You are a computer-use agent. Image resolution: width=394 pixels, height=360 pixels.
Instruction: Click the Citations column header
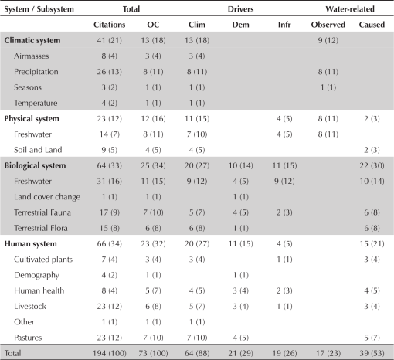(x=109, y=25)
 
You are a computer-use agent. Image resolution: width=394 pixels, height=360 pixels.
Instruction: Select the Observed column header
(x=328, y=25)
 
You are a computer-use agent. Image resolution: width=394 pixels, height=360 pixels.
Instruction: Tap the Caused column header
(x=372, y=25)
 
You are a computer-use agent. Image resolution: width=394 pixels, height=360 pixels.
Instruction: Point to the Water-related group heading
(x=350, y=9)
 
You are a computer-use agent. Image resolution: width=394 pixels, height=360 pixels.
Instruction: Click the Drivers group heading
(x=240, y=9)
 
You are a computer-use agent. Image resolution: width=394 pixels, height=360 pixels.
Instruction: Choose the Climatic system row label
(x=32, y=40)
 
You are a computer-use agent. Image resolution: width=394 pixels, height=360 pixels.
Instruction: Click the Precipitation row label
(x=36, y=72)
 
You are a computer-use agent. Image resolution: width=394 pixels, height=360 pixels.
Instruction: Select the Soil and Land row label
(x=38, y=150)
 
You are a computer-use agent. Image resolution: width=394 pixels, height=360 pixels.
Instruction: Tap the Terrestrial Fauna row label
(x=42, y=212)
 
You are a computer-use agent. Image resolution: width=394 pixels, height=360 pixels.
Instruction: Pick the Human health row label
(x=39, y=290)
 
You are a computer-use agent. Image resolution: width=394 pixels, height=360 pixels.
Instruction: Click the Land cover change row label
(x=47, y=197)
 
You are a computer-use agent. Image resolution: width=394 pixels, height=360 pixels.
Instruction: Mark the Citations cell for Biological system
(x=109, y=165)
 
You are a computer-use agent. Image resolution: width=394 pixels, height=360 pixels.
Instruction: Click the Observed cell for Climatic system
(x=328, y=40)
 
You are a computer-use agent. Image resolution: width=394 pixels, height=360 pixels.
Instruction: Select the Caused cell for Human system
(x=372, y=244)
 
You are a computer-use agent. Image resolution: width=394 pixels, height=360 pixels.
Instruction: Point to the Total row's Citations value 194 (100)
(x=110, y=353)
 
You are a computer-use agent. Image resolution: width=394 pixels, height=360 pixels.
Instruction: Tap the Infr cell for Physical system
(x=284, y=119)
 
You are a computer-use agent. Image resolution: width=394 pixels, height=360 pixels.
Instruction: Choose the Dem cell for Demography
(x=240, y=275)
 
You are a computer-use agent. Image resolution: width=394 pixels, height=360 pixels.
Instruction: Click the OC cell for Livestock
(x=153, y=307)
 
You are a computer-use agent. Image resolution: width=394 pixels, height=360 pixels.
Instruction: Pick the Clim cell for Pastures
(x=197, y=338)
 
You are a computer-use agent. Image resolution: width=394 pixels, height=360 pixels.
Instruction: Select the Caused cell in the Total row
(x=372, y=353)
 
